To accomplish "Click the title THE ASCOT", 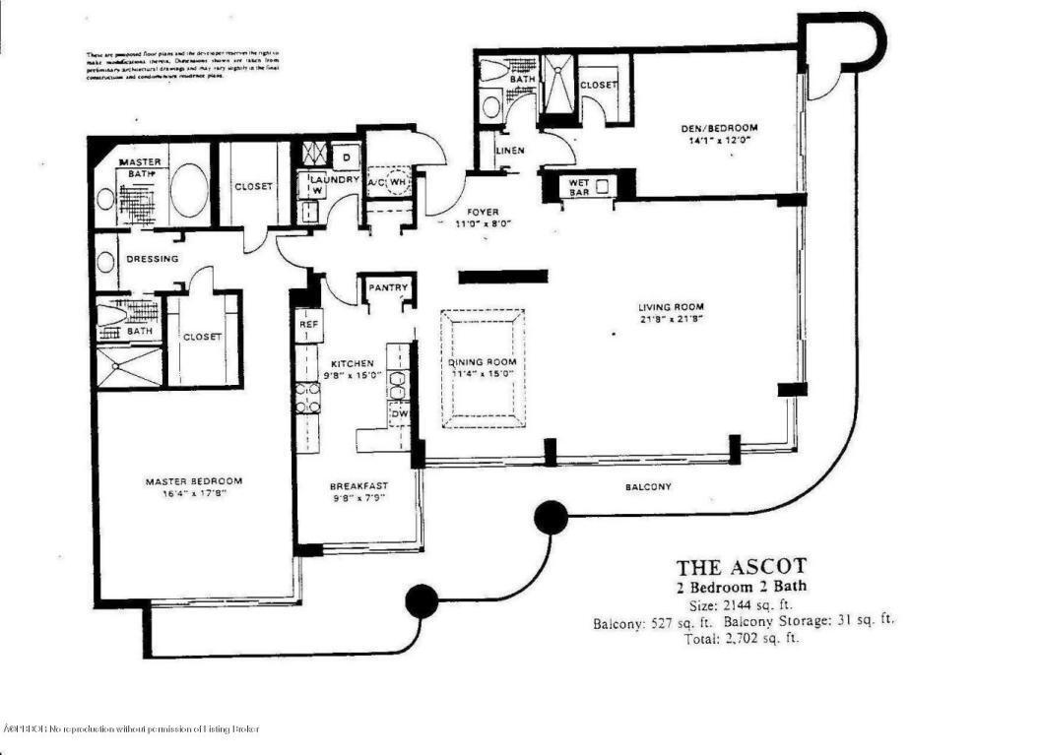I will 741,567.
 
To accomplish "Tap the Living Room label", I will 673,306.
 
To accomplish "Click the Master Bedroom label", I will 193,481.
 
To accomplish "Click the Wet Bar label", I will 573,186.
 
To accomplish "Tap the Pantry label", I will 383,288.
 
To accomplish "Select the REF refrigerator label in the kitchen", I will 307,324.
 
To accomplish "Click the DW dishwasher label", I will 400,415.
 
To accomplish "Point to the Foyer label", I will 483,212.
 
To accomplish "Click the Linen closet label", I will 510,150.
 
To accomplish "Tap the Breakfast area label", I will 358,485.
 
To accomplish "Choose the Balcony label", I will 648,487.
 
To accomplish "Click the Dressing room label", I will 153,260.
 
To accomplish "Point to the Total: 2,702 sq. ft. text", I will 741,638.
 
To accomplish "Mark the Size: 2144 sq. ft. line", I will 741,605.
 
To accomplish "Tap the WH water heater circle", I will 399,183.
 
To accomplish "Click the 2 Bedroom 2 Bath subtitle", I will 741,588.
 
